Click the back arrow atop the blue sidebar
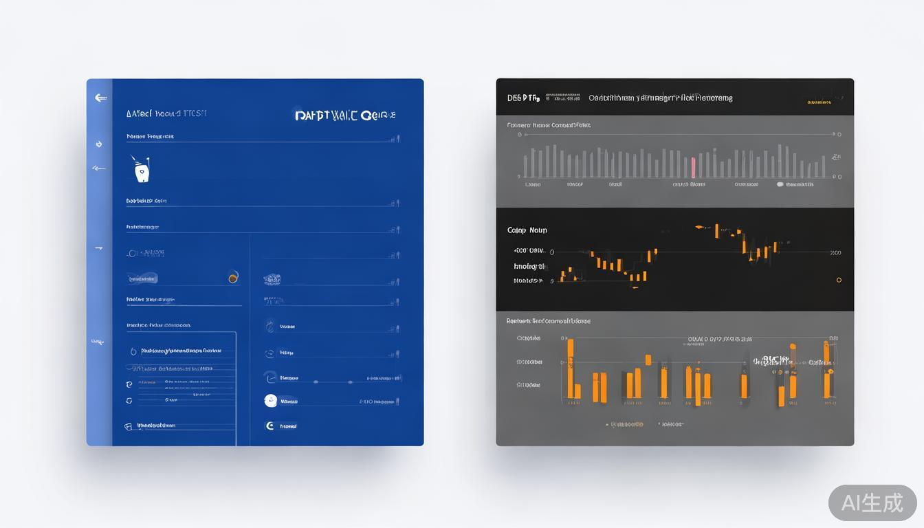click(x=100, y=98)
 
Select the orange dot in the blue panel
click(x=233, y=278)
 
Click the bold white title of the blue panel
click(x=345, y=115)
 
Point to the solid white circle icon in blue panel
click(x=271, y=400)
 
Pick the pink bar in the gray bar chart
click(x=693, y=167)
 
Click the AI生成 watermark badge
click(x=872, y=503)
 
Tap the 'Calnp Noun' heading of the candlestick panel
click(x=527, y=230)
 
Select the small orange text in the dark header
click(x=818, y=102)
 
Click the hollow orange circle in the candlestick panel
click(x=839, y=280)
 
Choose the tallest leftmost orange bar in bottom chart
click(x=570, y=368)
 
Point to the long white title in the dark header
click(x=660, y=98)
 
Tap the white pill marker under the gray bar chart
click(x=780, y=184)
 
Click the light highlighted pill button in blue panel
click(x=142, y=278)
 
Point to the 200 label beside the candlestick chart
click(x=835, y=253)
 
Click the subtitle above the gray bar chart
click(x=549, y=125)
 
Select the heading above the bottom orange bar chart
click(x=549, y=321)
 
